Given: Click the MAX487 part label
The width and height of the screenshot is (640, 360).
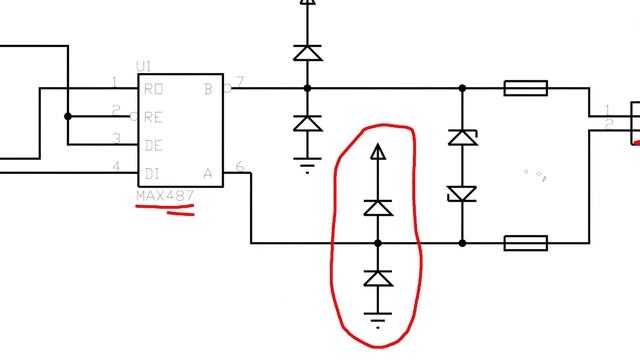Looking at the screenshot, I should pos(165,196).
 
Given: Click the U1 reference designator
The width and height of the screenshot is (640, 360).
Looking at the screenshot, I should pos(145,66).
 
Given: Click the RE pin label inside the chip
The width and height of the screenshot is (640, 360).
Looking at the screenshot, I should pos(154,116).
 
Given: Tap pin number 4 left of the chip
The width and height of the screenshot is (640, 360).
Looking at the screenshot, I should pos(116,166).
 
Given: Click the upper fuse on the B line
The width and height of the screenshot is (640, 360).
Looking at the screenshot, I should pos(524,89).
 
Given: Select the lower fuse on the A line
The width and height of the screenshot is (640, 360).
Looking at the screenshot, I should pos(524,243).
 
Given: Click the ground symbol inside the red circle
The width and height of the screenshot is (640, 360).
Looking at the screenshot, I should pos(377,320).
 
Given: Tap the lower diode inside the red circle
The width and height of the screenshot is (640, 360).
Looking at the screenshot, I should pos(377,279).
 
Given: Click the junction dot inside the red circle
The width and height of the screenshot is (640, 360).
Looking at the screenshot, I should pos(377,243).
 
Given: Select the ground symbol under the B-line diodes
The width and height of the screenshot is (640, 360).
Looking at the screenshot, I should pos(307,165).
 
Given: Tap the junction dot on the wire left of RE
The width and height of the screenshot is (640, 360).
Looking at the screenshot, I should pos(68,116).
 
